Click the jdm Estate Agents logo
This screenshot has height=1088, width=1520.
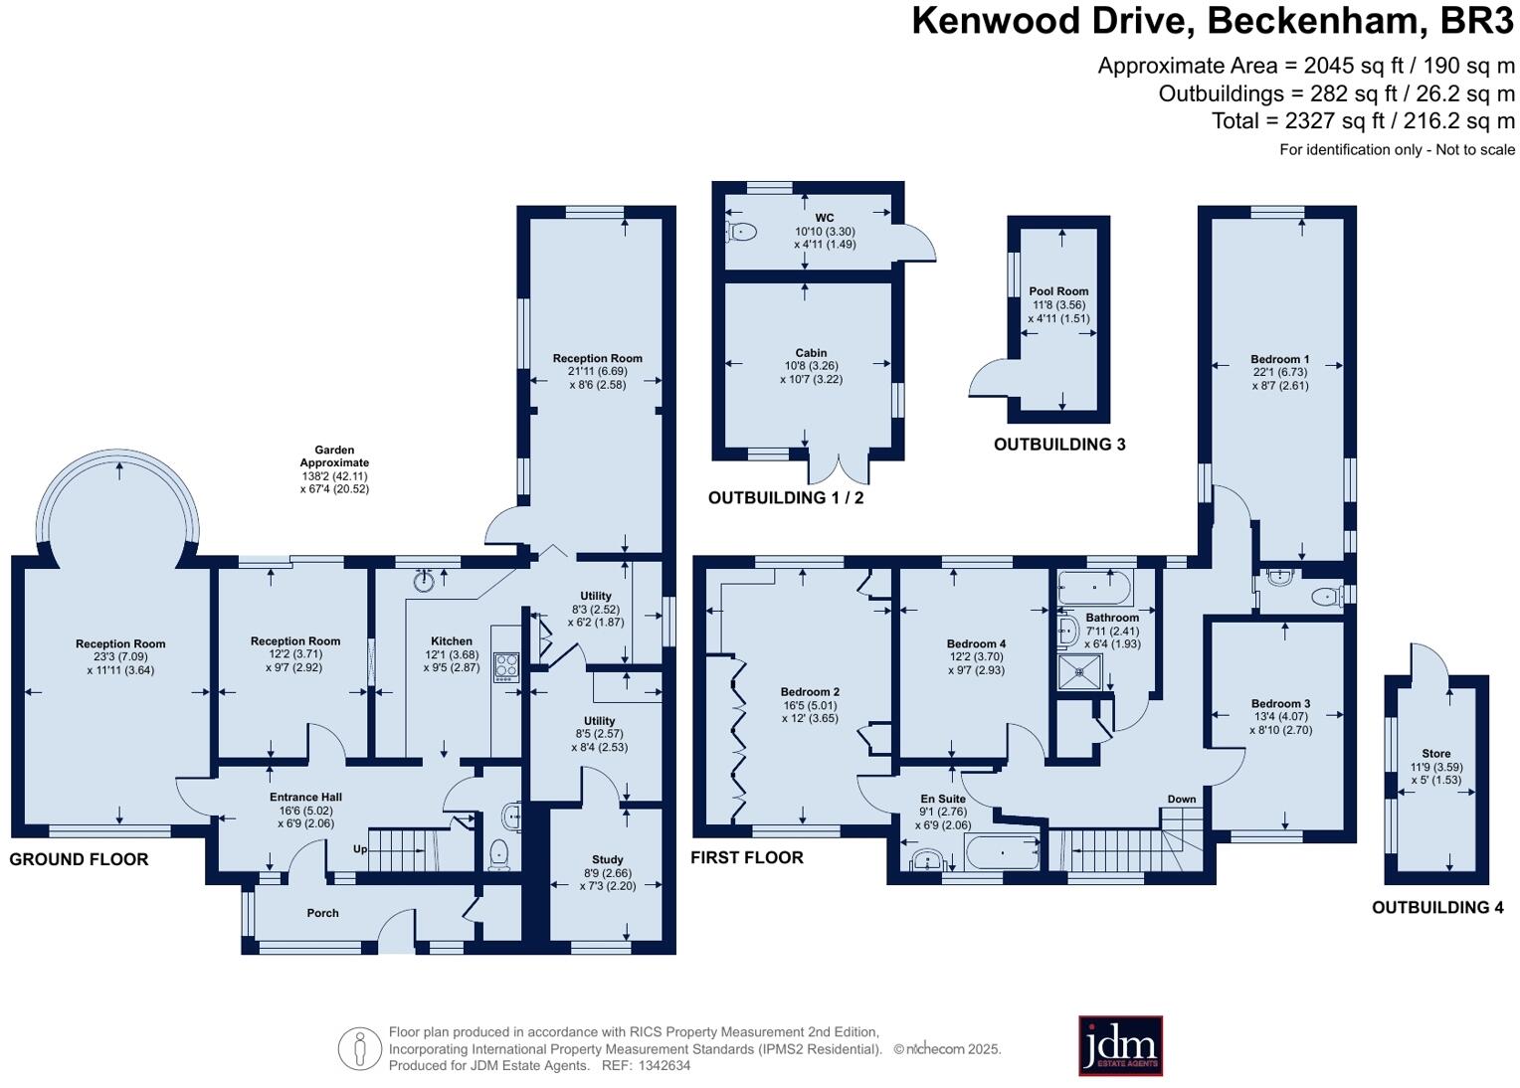[1120, 1045]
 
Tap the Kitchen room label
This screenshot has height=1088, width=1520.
[451, 641]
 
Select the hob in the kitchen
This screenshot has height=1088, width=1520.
[506, 665]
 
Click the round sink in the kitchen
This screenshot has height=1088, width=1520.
[426, 580]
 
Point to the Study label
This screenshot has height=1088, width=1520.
[607, 859]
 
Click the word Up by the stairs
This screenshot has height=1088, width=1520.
[361, 849]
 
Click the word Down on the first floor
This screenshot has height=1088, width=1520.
[1182, 799]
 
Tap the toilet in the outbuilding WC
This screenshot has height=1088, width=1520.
[741, 232]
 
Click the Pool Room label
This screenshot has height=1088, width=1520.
[1058, 292]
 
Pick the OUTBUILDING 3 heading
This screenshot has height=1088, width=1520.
[1059, 445]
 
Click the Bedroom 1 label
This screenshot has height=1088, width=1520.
[1279, 359]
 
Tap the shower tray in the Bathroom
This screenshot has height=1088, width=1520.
[1080, 673]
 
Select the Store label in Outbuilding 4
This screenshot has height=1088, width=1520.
[1435, 754]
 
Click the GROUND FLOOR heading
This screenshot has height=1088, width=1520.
[79, 859]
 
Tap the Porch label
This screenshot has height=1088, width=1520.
[322, 913]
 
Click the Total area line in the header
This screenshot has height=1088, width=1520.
[1363, 121]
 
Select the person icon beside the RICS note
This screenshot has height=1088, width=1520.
[359, 1048]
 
